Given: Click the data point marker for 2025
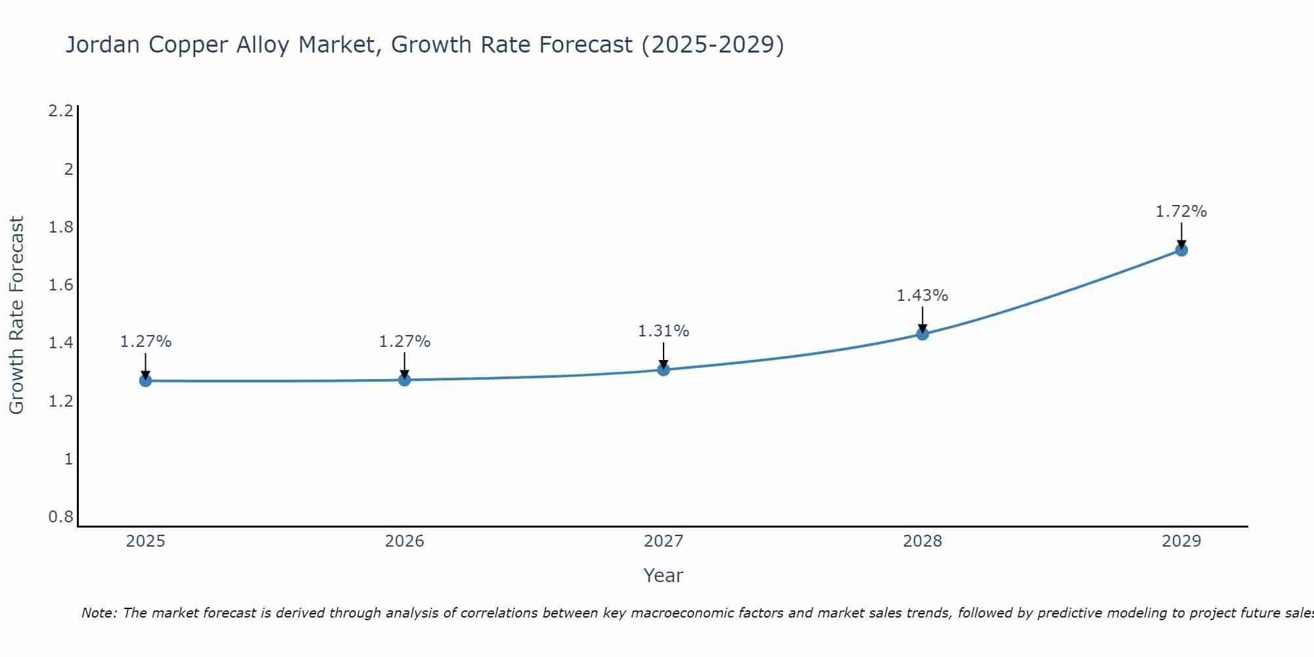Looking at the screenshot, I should coord(145,380).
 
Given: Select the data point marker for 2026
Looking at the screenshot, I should coord(404,380).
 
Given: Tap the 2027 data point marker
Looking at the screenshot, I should coord(663,369).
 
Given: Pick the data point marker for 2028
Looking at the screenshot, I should coord(922,334).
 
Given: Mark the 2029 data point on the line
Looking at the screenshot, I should coord(1181,250).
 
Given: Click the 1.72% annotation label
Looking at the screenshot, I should coord(1181,212).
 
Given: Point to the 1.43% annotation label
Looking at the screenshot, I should coord(922,296).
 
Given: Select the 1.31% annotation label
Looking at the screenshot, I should coord(663,331).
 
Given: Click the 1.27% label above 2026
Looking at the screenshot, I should coord(404,342).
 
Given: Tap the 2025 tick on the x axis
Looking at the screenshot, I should coord(145,541).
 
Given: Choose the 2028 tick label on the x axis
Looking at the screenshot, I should coord(922,541).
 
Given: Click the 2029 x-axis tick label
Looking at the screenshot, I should coord(1181,541).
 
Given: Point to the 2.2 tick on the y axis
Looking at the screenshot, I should coord(60,111).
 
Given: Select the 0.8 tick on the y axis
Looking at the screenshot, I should coord(60,517).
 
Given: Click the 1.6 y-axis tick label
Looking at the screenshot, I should coord(60,285).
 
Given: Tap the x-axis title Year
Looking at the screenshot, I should coord(663,576).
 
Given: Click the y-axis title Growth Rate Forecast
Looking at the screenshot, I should coord(16,315).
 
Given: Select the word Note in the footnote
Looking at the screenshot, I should coord(98,613).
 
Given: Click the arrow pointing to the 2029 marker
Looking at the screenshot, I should coord(1181,235).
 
